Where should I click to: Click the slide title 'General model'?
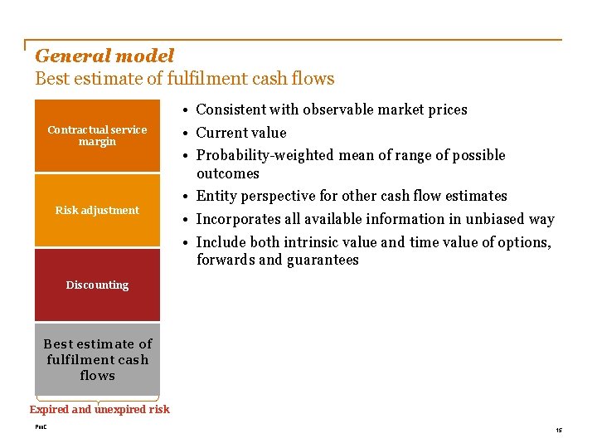pos(104,56)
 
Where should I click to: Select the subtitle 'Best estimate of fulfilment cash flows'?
pos(184,79)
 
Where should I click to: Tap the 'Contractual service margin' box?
pos(97,135)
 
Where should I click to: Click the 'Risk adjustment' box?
pos(97,210)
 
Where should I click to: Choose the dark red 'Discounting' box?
pos(97,285)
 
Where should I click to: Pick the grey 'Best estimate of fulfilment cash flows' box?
pos(97,359)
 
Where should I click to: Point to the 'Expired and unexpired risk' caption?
pos(99,409)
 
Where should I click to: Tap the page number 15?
pos(559,430)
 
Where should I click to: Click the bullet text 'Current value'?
pos(240,133)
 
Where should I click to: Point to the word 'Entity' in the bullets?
pos(216,196)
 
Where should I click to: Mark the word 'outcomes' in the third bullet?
pos(228,173)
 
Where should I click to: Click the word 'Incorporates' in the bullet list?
pos(238,219)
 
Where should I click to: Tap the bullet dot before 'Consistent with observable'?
pos(190,110)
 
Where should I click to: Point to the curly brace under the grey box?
pos(97,399)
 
